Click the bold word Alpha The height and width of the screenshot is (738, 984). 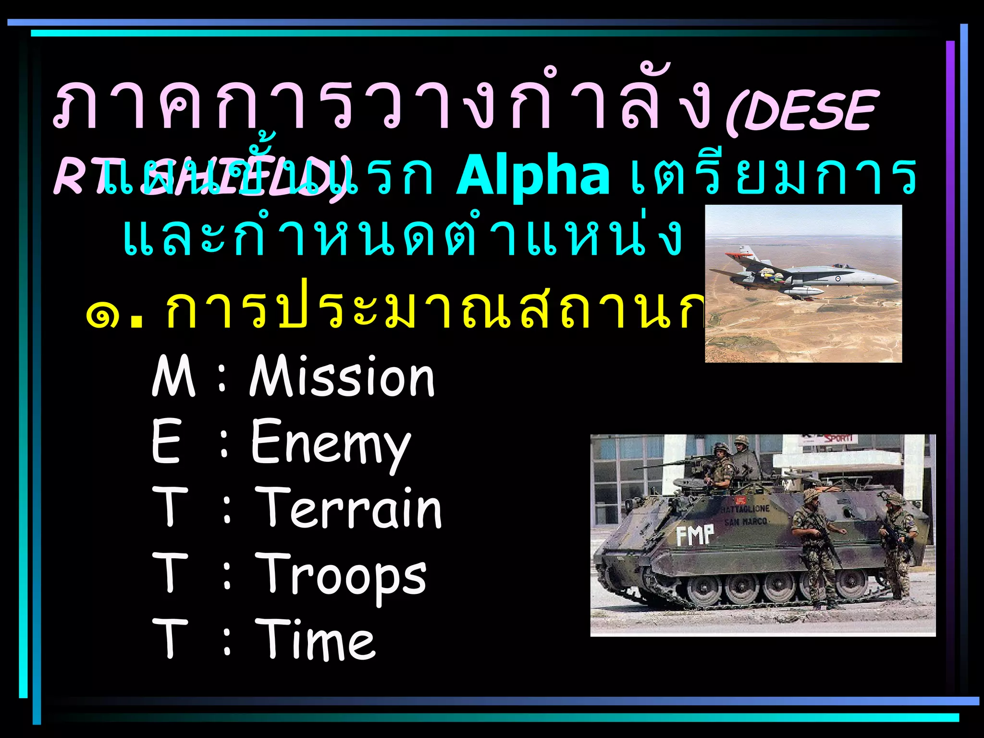pos(532,175)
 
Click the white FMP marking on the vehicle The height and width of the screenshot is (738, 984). pos(695,535)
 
